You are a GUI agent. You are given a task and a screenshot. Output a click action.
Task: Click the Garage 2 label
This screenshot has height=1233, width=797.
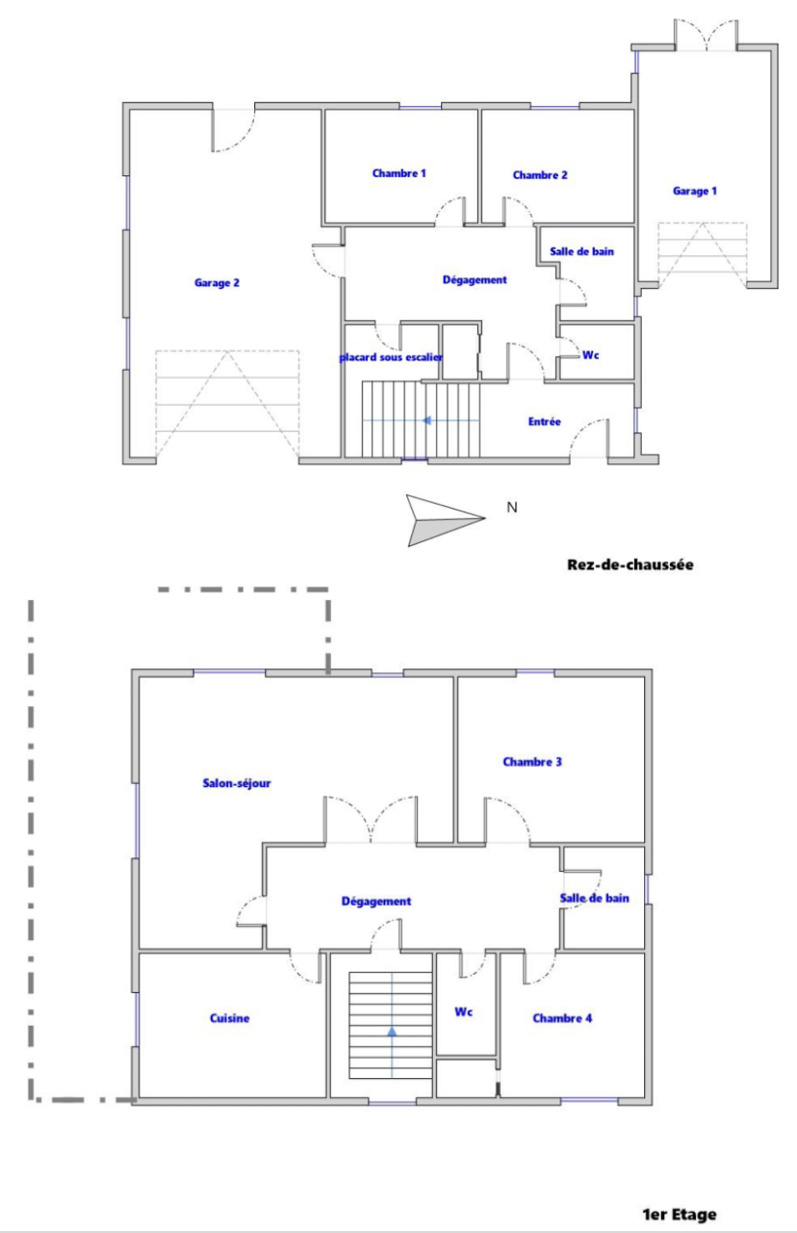(217, 283)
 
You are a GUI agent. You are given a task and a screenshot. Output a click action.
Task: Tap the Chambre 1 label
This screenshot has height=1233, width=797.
(398, 173)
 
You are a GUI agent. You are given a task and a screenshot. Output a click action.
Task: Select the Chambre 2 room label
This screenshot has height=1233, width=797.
(540, 175)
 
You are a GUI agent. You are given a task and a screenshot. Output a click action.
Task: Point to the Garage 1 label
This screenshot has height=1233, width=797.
(695, 192)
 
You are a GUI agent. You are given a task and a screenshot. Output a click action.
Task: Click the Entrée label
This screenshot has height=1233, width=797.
(545, 422)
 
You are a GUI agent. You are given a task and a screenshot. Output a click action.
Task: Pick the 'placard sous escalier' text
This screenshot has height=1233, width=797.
(391, 357)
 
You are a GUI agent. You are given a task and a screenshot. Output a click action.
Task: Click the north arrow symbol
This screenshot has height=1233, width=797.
(446, 520)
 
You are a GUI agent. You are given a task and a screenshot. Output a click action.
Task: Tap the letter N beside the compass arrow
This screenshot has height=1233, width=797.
(512, 508)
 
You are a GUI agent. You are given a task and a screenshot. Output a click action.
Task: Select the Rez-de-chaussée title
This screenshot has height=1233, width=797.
(630, 564)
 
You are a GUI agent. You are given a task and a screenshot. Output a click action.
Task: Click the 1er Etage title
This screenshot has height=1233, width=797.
(680, 1215)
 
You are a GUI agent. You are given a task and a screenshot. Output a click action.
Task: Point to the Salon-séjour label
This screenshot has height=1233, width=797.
(237, 783)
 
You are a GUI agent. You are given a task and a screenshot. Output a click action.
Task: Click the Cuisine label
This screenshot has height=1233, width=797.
(229, 1018)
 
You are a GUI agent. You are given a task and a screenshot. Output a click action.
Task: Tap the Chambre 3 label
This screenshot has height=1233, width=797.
(532, 762)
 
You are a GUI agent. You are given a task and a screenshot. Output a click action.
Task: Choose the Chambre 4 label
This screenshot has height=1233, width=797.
(562, 1018)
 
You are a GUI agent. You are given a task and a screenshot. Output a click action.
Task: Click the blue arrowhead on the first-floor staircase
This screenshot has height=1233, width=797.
(392, 1032)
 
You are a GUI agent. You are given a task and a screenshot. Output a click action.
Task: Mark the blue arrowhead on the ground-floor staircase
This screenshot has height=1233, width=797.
(426, 421)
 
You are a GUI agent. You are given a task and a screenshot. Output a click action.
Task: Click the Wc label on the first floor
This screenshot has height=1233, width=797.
(464, 1011)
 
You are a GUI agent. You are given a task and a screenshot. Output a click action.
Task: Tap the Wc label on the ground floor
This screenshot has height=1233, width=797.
(591, 355)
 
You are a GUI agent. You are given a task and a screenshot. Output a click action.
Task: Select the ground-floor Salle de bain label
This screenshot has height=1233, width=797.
(582, 251)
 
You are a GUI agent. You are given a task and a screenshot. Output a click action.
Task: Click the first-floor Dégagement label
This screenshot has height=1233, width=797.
(376, 901)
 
